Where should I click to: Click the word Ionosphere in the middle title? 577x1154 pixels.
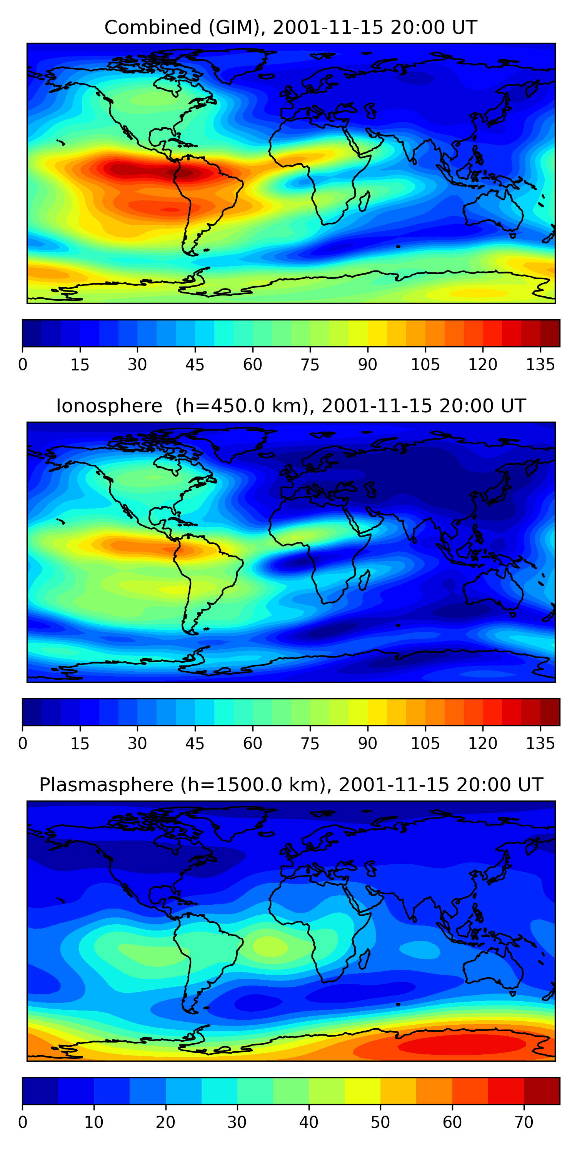109,406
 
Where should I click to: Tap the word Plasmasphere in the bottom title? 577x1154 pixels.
106,784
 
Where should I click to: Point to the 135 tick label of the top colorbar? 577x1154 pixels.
540,365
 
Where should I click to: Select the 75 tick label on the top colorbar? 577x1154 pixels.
310,365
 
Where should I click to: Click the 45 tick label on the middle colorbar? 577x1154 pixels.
195,743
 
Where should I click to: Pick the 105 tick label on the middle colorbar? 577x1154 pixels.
425,743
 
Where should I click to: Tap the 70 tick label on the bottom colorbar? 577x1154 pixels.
524,1122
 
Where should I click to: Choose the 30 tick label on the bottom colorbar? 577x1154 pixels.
237,1122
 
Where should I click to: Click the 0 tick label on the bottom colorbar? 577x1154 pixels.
22,1122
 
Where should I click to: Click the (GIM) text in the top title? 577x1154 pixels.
234,27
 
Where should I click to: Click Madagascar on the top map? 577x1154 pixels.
364,201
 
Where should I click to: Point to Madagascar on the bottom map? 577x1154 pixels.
364,958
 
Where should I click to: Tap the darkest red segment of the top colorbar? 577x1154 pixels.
550,333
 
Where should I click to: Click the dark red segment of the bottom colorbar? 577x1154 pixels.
542,1091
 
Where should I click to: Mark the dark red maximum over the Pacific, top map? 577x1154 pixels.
130,169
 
